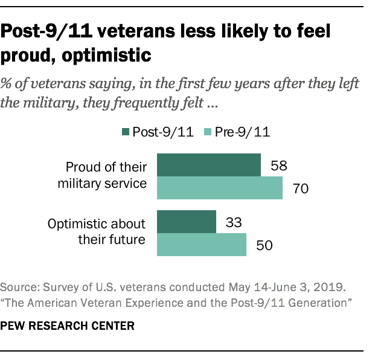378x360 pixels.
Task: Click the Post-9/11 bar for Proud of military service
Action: (209, 165)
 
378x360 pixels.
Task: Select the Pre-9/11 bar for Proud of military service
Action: (220, 188)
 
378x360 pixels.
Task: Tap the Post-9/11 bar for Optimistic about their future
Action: (187, 222)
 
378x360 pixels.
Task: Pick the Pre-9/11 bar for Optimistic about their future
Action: (202, 245)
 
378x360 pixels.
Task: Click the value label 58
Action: (278, 165)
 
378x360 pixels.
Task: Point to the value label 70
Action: (300, 188)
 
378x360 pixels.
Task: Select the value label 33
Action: (234, 223)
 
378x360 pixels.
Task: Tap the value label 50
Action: (264, 246)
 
